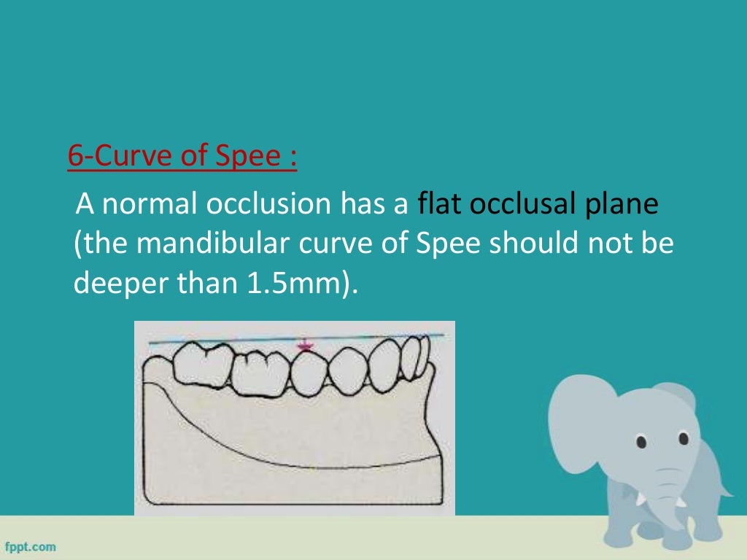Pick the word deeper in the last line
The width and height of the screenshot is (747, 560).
[118, 284]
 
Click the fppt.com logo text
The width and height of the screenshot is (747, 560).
[31, 546]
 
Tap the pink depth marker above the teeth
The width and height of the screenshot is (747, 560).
[303, 346]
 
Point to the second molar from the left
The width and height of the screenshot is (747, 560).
[258, 371]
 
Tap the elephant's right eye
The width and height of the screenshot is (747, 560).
[684, 438]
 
